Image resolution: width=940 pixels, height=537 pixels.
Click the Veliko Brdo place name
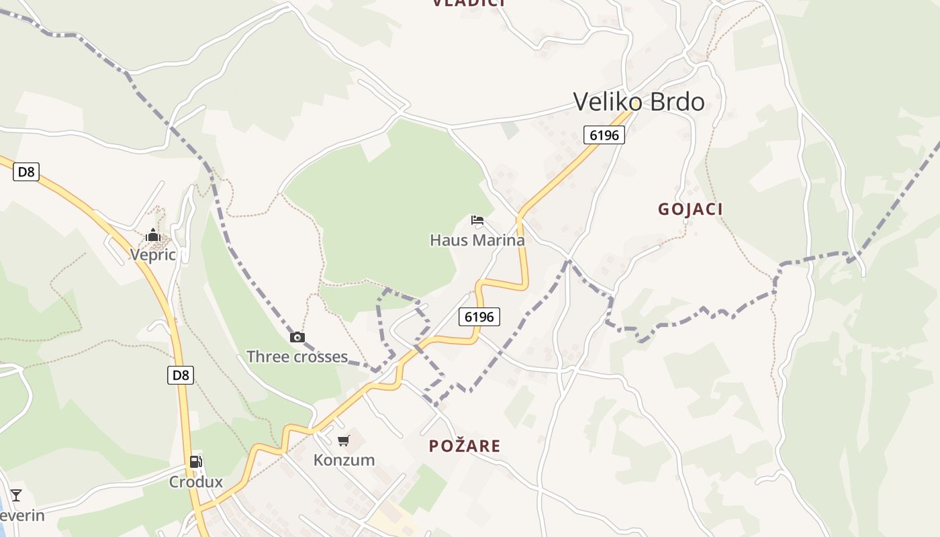point(639,102)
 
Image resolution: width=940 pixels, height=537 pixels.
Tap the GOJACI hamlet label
point(690,209)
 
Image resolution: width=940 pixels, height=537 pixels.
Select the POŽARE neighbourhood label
point(465,446)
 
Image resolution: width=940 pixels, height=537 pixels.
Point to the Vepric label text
point(153,255)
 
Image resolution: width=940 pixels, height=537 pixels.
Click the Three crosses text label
point(297,356)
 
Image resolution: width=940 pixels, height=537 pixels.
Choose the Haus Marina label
point(477,240)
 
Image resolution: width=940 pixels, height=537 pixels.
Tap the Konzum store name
point(344,460)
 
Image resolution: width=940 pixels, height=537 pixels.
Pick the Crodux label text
point(195,482)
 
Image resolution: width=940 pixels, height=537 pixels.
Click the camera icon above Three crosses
point(297,337)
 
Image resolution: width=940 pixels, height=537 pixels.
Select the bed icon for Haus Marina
point(477,219)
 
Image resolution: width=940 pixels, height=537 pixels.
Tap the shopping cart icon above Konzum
point(344,440)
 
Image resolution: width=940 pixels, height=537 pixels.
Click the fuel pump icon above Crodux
point(195,462)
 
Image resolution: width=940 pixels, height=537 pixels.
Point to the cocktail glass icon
point(16,495)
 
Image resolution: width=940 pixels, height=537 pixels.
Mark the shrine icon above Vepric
point(153,235)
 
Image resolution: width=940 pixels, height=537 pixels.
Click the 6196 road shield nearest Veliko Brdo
point(604,135)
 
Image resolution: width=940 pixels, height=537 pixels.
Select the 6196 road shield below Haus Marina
point(479,316)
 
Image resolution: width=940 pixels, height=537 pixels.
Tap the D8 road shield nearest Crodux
point(181,375)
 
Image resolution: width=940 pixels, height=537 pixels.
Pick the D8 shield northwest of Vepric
point(26,172)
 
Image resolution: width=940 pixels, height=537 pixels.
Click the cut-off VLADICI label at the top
point(468,3)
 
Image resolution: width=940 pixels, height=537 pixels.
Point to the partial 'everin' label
point(22,516)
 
